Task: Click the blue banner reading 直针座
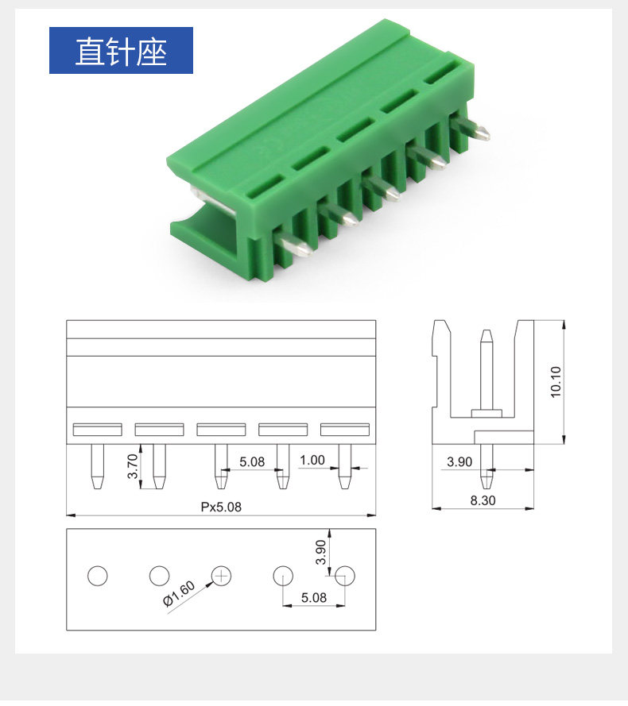coord(121,51)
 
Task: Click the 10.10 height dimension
coord(556,382)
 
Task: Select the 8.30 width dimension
coord(483,500)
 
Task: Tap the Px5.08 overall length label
coord(221,507)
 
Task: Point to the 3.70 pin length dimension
coord(132,466)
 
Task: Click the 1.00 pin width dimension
coord(312,460)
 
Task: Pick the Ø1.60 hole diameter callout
coord(179,593)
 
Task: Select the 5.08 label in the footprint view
coord(314,597)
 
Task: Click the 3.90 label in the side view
coord(459,461)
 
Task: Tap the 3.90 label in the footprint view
coord(320,552)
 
